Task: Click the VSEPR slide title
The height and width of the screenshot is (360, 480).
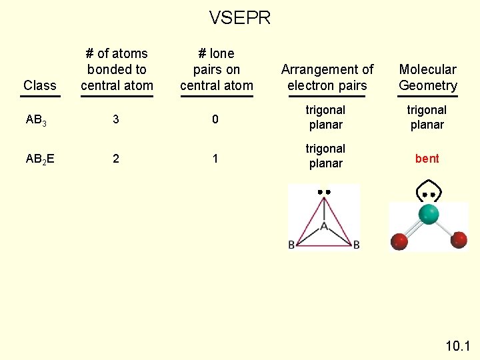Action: point(240,18)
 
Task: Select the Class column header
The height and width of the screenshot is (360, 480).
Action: point(40,85)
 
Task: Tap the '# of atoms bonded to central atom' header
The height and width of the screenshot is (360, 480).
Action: point(117,69)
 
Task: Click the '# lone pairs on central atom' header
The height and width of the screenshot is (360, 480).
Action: point(217,69)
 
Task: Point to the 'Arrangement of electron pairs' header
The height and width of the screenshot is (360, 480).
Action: point(327,77)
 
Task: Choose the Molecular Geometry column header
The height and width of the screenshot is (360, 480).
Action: point(428,77)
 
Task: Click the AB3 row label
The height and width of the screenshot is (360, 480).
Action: point(36,120)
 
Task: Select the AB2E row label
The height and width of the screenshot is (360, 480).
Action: point(40,159)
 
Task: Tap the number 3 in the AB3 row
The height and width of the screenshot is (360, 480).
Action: point(116,119)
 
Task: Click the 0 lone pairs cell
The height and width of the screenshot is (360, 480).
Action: point(215,119)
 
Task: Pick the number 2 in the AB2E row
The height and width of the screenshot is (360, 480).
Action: point(116,159)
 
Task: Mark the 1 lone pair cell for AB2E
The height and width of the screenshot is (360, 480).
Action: point(215,159)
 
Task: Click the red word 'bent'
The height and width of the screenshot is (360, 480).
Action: point(427,159)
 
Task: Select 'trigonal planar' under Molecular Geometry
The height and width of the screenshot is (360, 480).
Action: point(427,117)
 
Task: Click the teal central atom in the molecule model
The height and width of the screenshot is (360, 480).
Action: point(429,214)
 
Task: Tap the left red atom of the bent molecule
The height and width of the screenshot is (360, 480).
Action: point(399,241)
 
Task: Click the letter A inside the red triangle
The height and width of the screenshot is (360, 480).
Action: point(324,227)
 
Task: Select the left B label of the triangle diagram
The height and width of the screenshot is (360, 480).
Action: point(292,245)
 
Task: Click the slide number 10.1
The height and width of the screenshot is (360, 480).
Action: point(457,346)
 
